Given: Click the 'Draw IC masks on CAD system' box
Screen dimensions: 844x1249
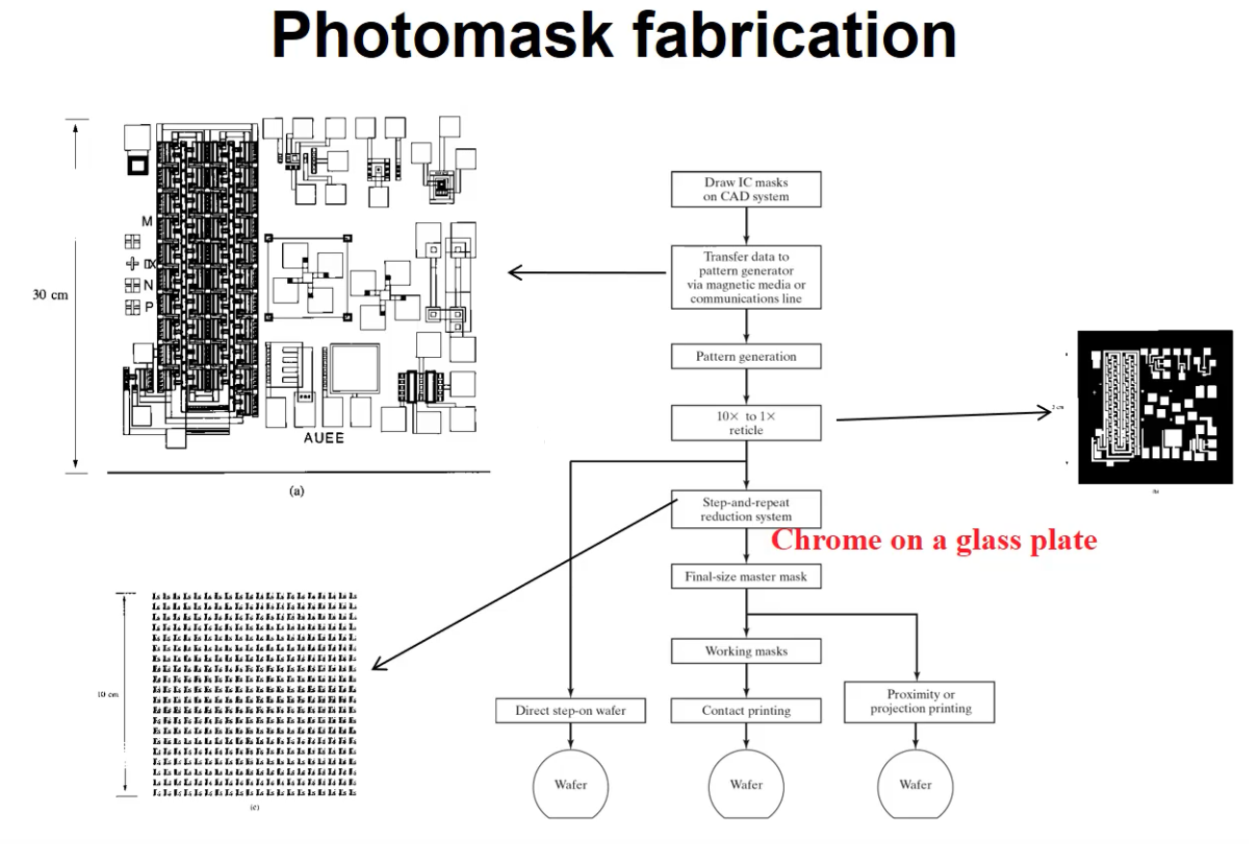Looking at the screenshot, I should point(746,189).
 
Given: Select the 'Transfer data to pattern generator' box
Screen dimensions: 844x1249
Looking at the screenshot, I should point(746,277).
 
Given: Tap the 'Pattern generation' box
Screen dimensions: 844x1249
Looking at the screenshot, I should point(746,356).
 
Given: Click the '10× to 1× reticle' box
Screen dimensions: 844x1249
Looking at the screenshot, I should point(746,422).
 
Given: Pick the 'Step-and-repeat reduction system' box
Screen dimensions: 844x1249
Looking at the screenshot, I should point(746,509).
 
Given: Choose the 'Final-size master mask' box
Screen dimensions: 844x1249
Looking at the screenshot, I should point(746,577).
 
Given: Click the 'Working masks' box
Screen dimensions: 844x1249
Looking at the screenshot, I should point(746,652).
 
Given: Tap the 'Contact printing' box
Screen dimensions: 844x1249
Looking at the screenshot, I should point(746,711).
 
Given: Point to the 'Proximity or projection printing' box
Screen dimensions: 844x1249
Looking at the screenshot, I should point(920,702).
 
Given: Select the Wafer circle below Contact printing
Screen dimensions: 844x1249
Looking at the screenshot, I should point(746,784).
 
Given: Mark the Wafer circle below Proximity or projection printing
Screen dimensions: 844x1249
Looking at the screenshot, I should point(916,784).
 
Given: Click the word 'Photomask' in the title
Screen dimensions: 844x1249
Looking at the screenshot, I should point(443,37).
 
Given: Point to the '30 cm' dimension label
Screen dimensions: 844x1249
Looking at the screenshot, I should point(50,294).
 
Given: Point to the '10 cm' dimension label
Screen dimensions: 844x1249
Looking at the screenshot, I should point(107,695).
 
